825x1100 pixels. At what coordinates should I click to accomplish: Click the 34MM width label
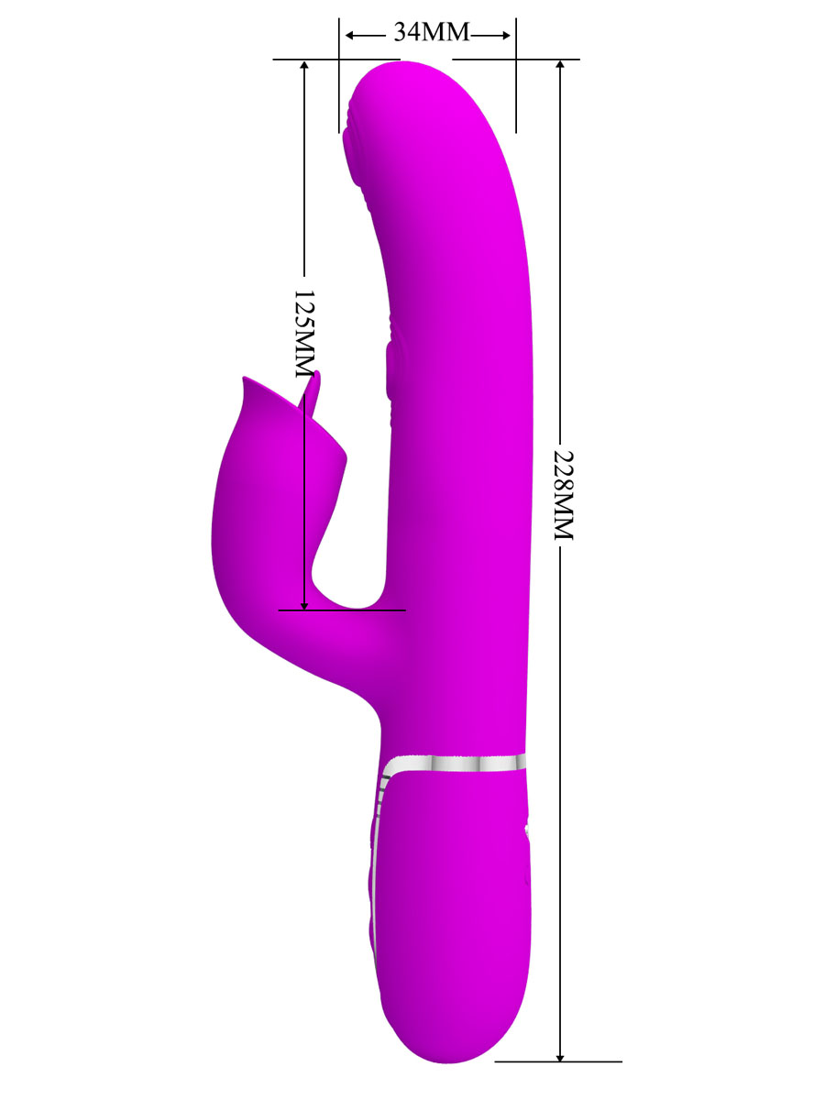point(431,32)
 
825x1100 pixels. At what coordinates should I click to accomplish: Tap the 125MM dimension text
point(303,334)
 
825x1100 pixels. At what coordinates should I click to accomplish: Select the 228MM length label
point(563,495)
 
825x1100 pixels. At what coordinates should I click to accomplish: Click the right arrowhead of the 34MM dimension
point(505,35)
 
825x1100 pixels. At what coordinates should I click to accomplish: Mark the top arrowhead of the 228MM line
point(560,65)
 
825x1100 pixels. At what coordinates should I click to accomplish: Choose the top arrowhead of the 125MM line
point(304,65)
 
